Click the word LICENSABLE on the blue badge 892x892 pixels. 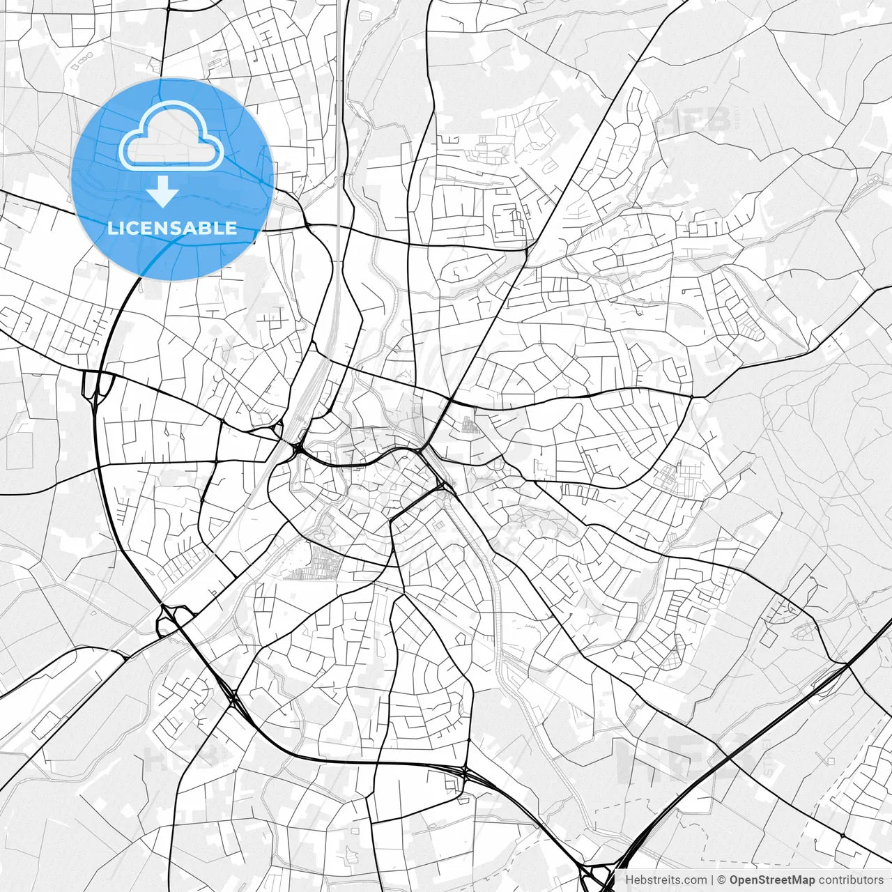point(172,228)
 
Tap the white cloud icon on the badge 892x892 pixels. point(171,137)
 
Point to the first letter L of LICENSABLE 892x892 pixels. point(111,228)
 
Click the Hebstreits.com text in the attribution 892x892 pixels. point(666,880)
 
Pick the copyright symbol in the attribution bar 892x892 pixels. point(722,880)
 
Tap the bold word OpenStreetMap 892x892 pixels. point(771,880)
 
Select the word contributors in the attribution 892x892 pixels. point(850,880)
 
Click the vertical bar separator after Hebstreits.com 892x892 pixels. point(712,880)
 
